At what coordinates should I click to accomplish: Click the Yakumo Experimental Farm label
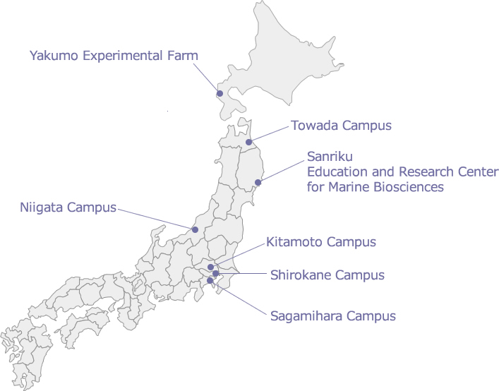pyautogui.click(x=114, y=55)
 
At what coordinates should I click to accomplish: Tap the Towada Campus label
pyautogui.click(x=340, y=126)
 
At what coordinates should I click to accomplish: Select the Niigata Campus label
pyautogui.click(x=68, y=208)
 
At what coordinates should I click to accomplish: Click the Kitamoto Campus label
pyautogui.click(x=321, y=242)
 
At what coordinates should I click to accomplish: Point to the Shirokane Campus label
pyautogui.click(x=327, y=275)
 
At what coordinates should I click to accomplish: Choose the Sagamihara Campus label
pyautogui.click(x=333, y=315)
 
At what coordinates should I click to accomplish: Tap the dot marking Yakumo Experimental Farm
pyautogui.click(x=220, y=93)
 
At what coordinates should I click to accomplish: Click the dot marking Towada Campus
pyautogui.click(x=248, y=142)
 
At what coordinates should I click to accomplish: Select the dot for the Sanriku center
pyautogui.click(x=258, y=182)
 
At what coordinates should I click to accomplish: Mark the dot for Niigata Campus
pyautogui.click(x=195, y=229)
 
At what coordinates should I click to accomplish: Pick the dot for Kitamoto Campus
pyautogui.click(x=210, y=267)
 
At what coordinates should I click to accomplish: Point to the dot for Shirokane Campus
pyautogui.click(x=216, y=273)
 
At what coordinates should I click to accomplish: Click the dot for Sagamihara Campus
pyautogui.click(x=210, y=281)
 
